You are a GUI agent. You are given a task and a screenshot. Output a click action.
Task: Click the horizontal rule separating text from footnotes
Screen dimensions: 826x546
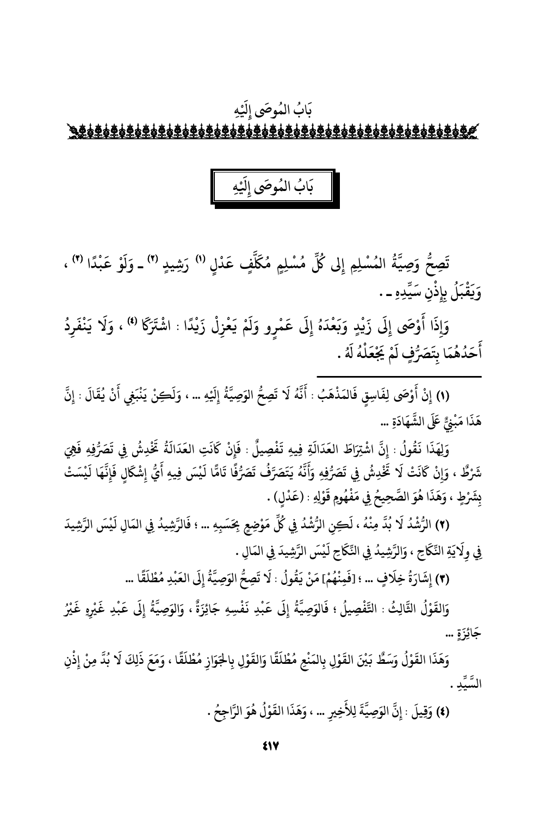click(399, 376)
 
